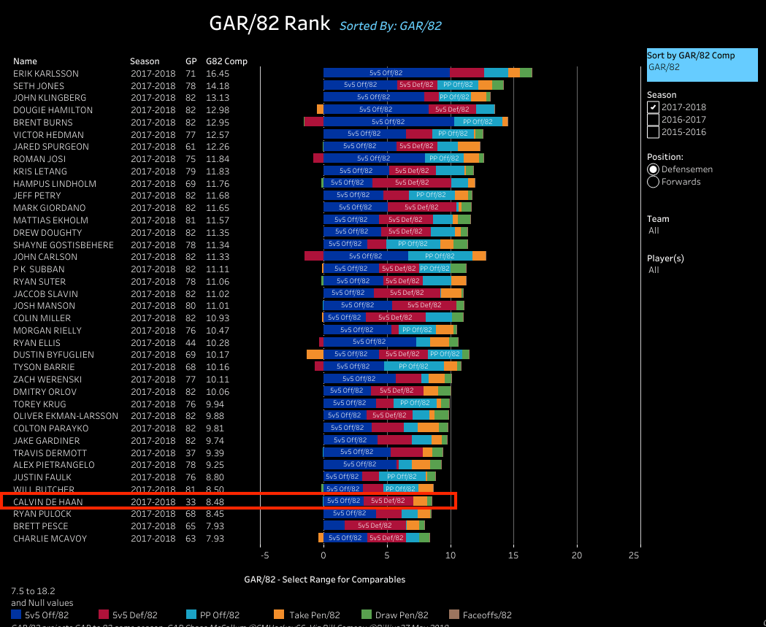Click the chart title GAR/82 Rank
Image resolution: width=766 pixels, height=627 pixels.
(x=269, y=24)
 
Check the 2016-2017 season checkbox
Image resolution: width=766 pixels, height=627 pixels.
(x=654, y=120)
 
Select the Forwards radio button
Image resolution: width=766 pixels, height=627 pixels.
(x=653, y=182)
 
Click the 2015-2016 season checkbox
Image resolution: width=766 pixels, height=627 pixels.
(x=654, y=132)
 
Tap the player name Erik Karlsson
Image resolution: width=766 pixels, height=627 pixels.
(x=45, y=74)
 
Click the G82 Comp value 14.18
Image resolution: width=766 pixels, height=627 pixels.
(x=218, y=85)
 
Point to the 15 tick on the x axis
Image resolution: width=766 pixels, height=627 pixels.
(x=514, y=555)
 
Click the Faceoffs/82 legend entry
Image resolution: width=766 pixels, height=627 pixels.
(x=480, y=615)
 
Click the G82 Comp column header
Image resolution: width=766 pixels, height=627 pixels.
(x=226, y=61)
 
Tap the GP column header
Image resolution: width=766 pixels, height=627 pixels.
(x=191, y=61)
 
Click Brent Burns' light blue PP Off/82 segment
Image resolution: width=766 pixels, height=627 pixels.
(x=478, y=122)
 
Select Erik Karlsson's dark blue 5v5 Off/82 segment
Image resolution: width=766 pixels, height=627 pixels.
(x=386, y=73)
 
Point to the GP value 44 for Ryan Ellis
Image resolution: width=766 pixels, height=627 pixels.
(x=191, y=342)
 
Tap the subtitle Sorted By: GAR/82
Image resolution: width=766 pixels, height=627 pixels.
(x=390, y=26)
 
